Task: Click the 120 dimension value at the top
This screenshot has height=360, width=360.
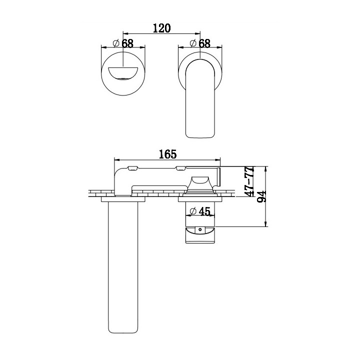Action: (162, 28)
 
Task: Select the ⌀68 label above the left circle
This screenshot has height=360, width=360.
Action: (123, 43)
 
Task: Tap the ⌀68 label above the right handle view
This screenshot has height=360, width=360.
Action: (200, 43)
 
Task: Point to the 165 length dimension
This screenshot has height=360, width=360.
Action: (168, 154)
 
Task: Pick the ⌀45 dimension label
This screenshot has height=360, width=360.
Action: (200, 211)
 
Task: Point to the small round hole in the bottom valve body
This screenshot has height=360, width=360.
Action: (201, 230)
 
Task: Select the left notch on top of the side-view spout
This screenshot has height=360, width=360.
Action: (133, 167)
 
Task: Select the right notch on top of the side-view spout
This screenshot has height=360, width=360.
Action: (183, 167)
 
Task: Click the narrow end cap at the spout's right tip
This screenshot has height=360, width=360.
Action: (218, 176)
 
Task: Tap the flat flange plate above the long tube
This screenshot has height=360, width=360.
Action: (123, 199)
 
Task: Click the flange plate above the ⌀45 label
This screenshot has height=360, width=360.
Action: (200, 199)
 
